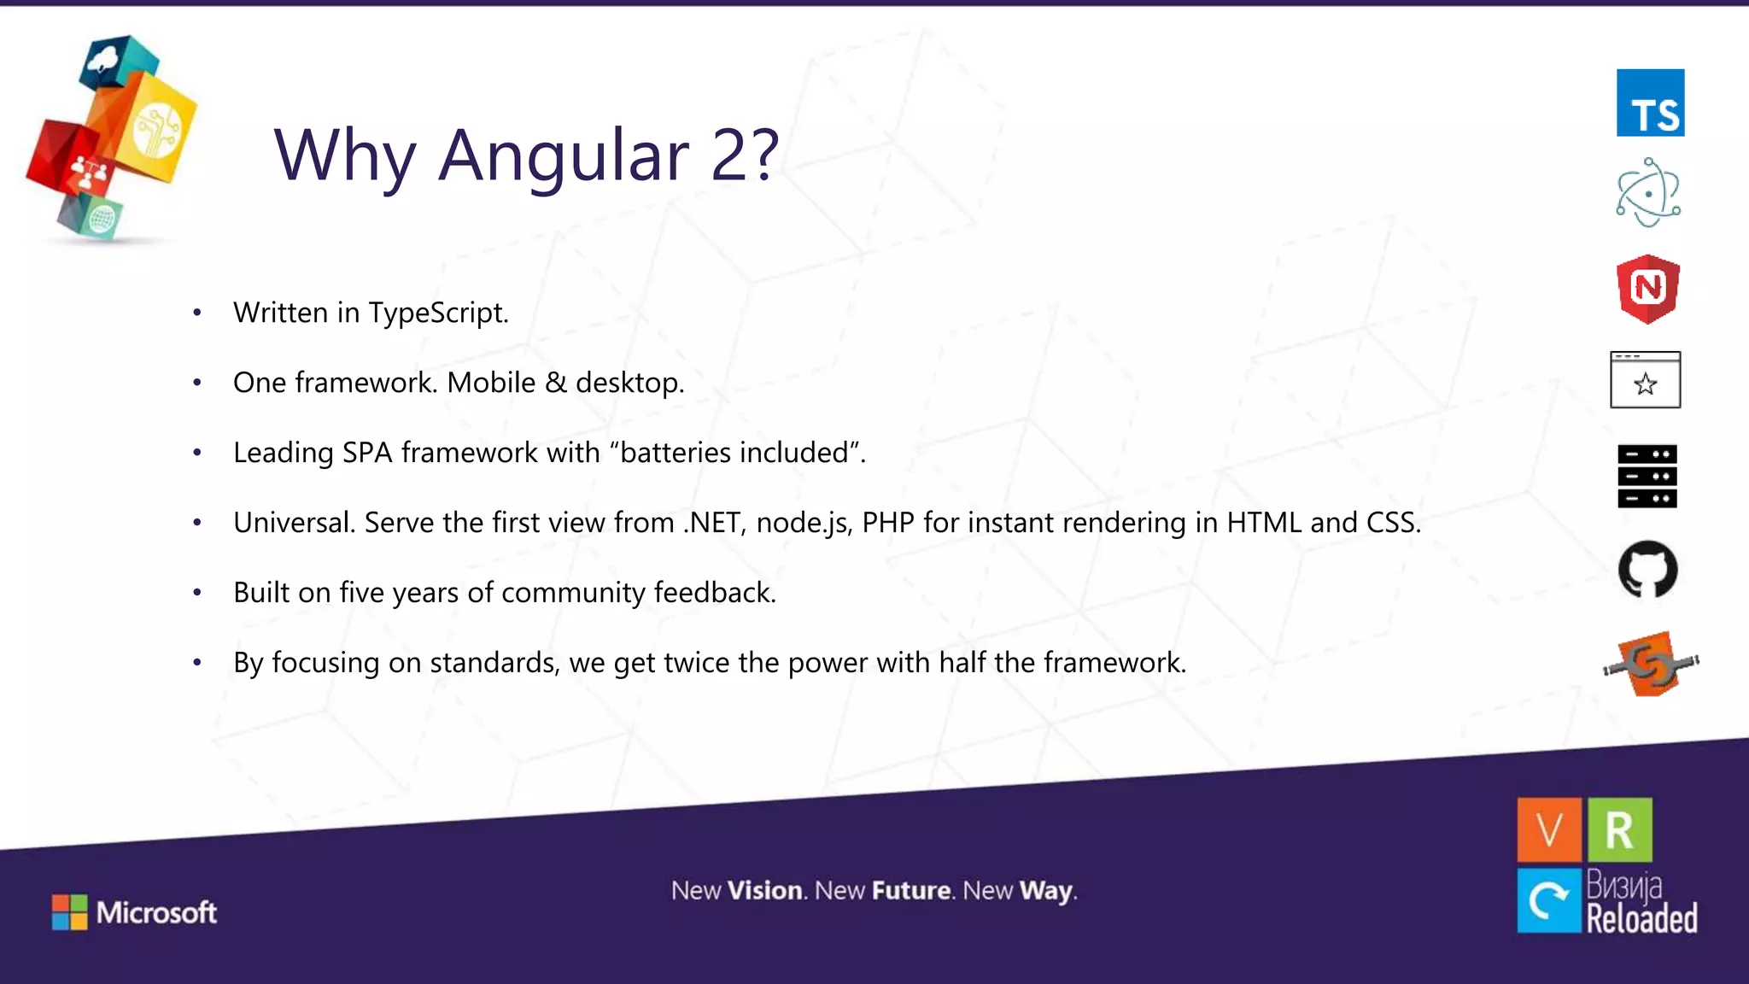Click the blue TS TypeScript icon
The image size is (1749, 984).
point(1650,102)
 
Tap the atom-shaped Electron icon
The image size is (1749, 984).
point(1648,193)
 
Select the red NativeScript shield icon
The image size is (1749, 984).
point(1648,289)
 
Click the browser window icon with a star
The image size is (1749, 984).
point(1646,380)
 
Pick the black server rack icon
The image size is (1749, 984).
point(1647,476)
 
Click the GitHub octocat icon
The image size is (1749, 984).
point(1648,569)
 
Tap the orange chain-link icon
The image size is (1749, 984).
point(1651,664)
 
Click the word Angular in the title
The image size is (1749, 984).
point(563,155)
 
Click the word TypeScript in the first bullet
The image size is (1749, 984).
point(438,313)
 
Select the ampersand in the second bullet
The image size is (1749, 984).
point(556,383)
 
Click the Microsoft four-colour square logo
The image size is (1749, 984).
point(69,912)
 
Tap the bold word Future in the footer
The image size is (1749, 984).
point(911,891)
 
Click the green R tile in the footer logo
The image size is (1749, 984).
point(1619,829)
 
